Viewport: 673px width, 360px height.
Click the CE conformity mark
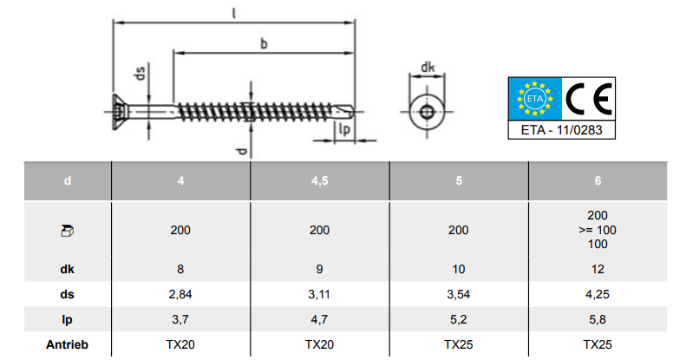(589, 99)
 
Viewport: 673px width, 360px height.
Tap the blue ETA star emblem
(535, 99)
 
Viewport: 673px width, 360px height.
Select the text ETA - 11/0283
(561, 130)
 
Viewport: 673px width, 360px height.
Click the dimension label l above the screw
(234, 13)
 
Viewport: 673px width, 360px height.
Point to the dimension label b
(264, 43)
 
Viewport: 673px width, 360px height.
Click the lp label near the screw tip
(344, 129)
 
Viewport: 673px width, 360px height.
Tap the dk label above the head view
(428, 68)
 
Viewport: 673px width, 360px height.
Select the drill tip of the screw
(347, 112)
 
